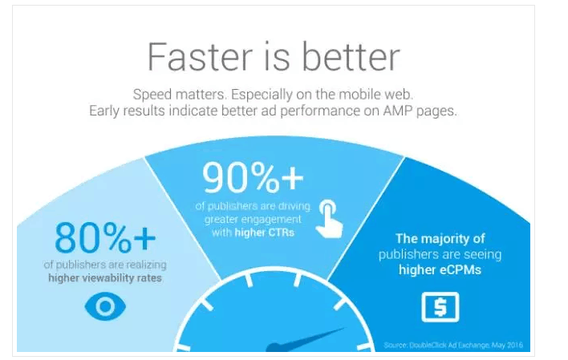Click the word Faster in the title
[x=200, y=57]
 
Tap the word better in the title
[x=351, y=56]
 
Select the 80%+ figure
[x=105, y=237]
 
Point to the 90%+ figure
[x=253, y=177]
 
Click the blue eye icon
[x=105, y=306]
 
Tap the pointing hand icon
[x=330, y=219]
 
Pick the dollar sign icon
[x=440, y=307]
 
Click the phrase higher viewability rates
[x=105, y=278]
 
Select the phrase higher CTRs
[x=265, y=233]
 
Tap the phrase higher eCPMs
[x=440, y=270]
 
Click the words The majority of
[x=440, y=239]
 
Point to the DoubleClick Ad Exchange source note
[x=453, y=345]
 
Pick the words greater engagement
[x=253, y=220]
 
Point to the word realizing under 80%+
[x=146, y=265]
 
